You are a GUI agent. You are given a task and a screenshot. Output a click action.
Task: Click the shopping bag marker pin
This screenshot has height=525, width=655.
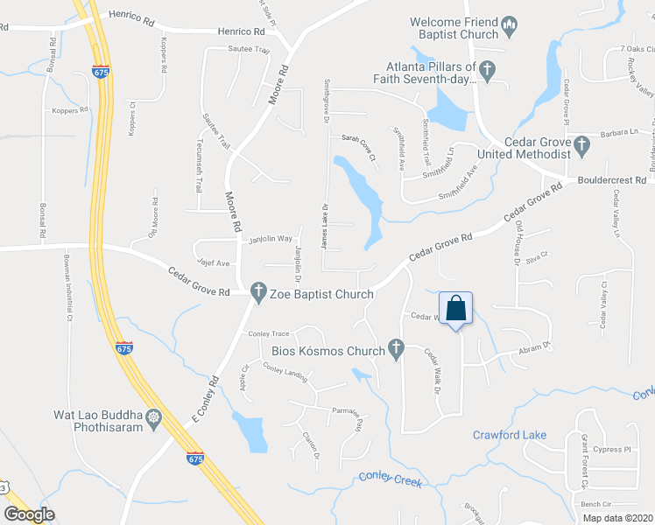[455, 308]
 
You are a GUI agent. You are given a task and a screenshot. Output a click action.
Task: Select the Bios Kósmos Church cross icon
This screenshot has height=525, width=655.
[397, 350]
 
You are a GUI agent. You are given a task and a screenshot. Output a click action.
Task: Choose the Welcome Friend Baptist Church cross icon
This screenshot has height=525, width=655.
[509, 35]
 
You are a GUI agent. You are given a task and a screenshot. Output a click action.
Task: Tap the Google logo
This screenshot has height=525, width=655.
[29, 514]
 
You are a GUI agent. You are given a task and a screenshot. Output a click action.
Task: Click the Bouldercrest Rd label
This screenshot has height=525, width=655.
[611, 180]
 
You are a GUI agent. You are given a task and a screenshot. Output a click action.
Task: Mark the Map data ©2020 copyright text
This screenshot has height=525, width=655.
[616, 518]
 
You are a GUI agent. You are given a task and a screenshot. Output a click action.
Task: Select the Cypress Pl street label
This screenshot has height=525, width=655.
[611, 450]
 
